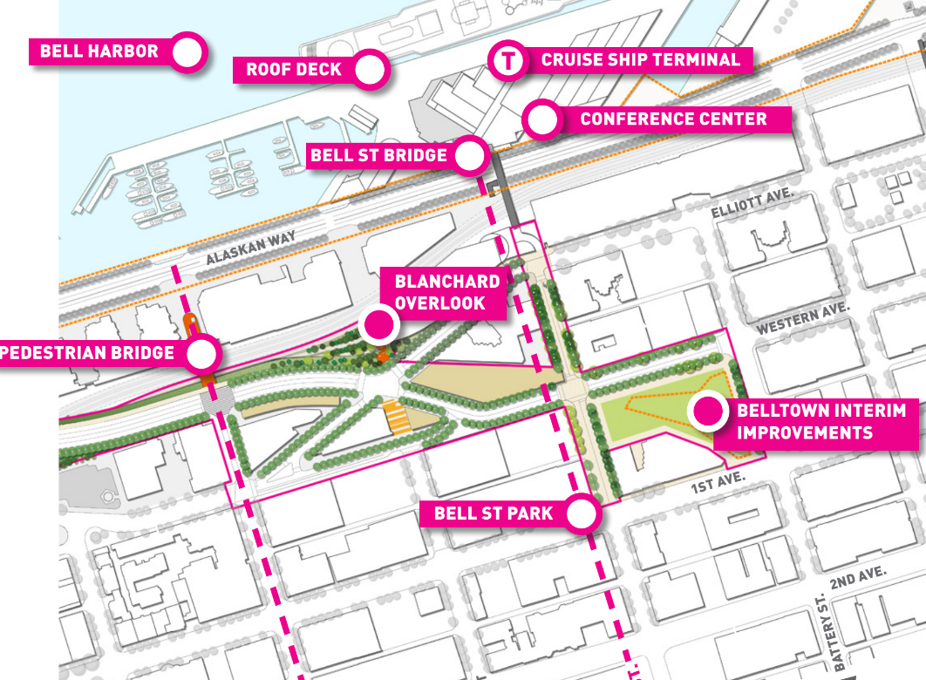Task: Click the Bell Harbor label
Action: tap(99, 51)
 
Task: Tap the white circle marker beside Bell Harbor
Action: tap(187, 52)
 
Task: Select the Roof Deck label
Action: tap(293, 70)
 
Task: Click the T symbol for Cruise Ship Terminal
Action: tap(507, 61)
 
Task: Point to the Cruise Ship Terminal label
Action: tap(640, 60)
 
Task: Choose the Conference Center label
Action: tap(673, 119)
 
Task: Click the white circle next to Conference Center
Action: tap(542, 120)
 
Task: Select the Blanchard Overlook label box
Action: tap(447, 293)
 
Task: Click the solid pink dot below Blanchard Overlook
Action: tap(379, 325)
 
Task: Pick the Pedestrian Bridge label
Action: tap(87, 353)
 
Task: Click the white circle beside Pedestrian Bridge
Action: tap(202, 353)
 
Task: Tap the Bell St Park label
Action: tap(494, 513)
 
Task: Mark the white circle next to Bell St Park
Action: tap(582, 513)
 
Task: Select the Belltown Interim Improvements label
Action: tap(821, 421)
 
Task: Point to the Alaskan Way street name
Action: tap(251, 248)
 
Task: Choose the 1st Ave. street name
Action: tap(717, 486)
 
